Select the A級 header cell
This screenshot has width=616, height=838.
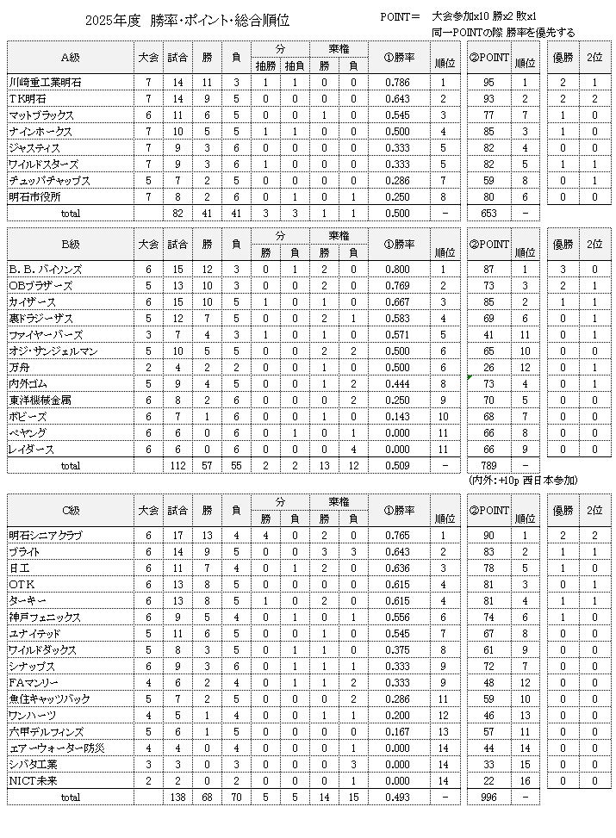(x=70, y=58)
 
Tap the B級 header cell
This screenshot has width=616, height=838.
(x=70, y=244)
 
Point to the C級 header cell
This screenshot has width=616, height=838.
(x=70, y=510)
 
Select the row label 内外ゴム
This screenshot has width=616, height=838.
(x=29, y=383)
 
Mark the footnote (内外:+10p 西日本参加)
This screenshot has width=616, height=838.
(x=523, y=480)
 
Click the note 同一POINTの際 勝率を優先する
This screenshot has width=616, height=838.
(x=504, y=33)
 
